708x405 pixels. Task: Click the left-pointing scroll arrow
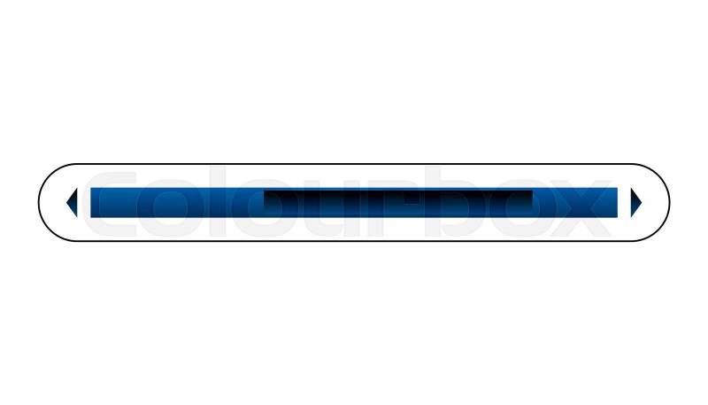[73, 202]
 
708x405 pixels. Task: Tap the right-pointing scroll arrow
[635, 202]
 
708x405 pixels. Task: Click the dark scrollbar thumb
[398, 201]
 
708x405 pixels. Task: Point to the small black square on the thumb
[412, 198]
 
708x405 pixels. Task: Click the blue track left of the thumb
[177, 202]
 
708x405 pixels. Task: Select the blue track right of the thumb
[575, 202]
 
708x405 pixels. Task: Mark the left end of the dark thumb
[264, 201]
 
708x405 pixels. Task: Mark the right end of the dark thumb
[533, 201]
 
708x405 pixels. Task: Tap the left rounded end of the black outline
[39, 202]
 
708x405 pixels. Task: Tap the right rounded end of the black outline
[670, 202]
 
